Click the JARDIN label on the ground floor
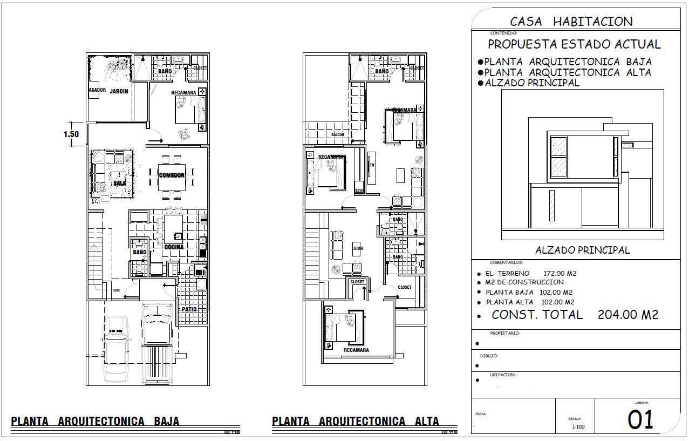(x=119, y=91)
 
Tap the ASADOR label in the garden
(x=97, y=90)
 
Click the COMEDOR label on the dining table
(x=172, y=175)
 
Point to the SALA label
(x=119, y=184)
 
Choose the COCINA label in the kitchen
(x=174, y=247)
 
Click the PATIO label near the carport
(x=189, y=310)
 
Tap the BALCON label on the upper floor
(x=338, y=134)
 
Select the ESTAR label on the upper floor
(x=357, y=249)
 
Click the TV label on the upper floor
(x=371, y=165)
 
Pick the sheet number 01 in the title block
(x=640, y=419)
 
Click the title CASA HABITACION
(x=571, y=22)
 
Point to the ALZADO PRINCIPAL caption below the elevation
(x=582, y=250)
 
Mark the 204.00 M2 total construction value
(x=628, y=315)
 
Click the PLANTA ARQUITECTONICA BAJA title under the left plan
(x=95, y=421)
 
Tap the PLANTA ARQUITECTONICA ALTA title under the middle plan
(x=356, y=421)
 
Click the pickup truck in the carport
(x=156, y=340)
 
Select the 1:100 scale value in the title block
(x=578, y=427)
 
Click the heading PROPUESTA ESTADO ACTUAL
(x=574, y=44)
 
